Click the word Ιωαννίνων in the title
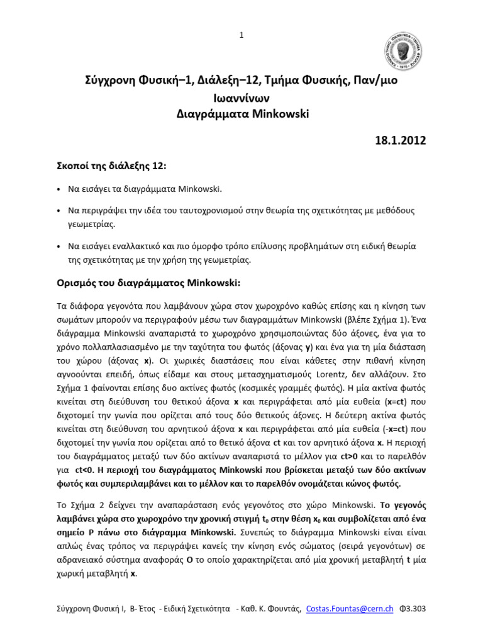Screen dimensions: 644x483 tap(241, 98)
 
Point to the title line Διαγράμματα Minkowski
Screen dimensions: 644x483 tap(241, 114)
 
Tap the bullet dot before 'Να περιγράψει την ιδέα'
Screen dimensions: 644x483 tap(59, 209)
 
